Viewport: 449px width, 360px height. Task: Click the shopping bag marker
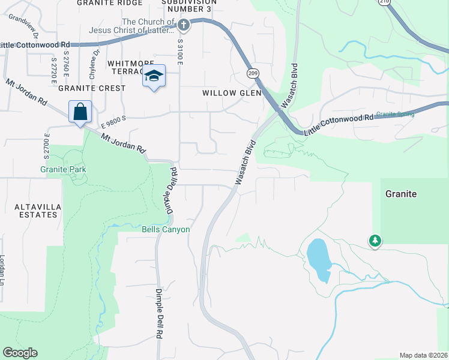click(x=80, y=112)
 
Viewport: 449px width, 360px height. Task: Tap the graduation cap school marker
click(x=154, y=76)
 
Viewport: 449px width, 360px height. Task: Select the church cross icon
click(x=184, y=25)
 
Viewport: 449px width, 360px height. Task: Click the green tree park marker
click(x=375, y=241)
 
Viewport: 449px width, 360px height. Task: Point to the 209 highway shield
click(x=253, y=73)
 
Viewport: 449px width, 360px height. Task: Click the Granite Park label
click(x=63, y=170)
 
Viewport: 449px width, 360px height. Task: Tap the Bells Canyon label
click(x=166, y=229)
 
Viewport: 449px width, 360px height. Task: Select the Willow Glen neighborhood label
click(x=232, y=93)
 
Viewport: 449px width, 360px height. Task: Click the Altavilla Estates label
click(x=29, y=210)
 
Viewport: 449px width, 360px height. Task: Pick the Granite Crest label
click(x=92, y=88)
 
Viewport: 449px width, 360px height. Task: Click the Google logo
click(x=20, y=353)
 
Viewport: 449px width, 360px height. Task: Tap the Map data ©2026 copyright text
click(x=423, y=355)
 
